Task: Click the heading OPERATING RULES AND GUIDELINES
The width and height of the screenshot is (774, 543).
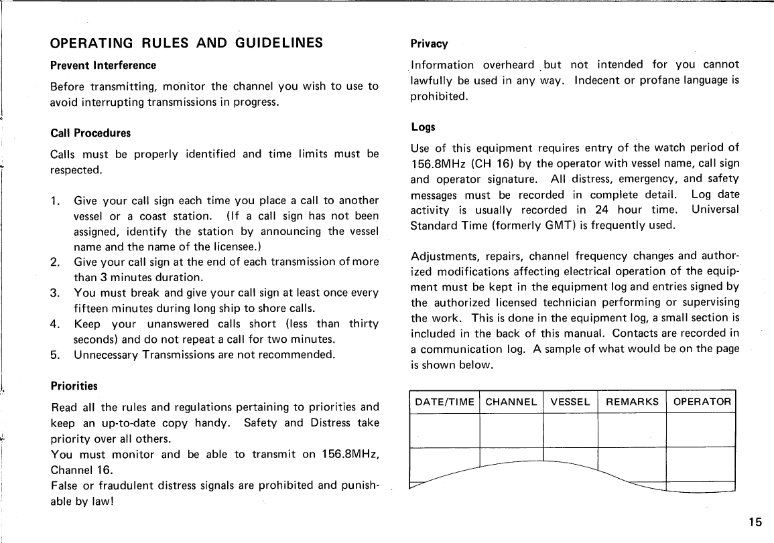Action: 187,44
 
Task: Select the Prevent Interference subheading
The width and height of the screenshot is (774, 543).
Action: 103,66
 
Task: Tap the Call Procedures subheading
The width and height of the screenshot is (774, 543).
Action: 90,133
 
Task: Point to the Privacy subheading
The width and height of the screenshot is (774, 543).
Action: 429,44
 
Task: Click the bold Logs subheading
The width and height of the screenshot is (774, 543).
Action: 423,127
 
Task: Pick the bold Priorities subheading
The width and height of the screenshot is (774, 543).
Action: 74,386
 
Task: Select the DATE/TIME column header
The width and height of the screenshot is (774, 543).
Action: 445,402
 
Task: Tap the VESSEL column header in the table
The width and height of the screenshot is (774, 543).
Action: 570,402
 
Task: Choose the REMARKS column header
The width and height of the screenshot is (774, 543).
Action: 632,402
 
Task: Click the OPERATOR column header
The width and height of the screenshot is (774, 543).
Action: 702,402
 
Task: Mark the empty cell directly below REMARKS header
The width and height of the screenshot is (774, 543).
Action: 632,429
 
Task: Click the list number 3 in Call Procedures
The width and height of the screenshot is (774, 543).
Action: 54,293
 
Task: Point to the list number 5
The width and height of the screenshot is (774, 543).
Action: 54,355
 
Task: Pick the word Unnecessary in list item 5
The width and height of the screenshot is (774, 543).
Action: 106,355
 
